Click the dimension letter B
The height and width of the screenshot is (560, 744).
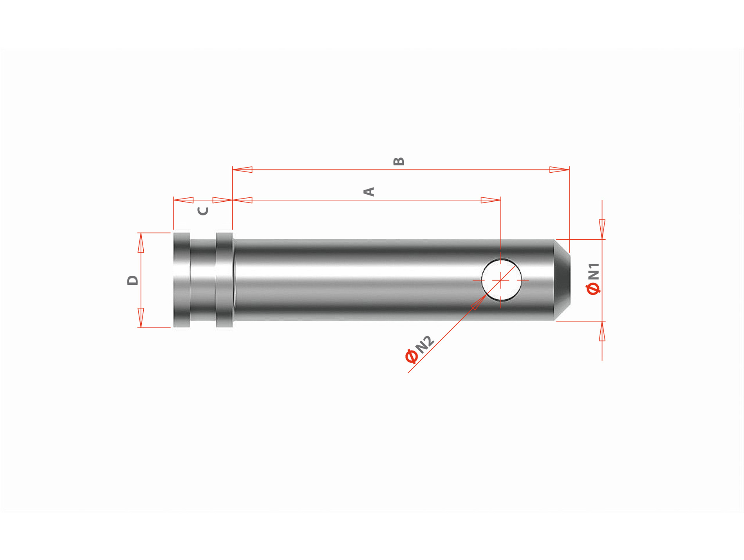coord(398,161)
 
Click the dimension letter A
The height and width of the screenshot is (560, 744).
coord(369,191)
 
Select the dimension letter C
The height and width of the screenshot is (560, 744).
coord(203,211)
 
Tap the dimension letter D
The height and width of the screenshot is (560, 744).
coord(133,280)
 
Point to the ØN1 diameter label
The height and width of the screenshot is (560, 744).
coord(593,278)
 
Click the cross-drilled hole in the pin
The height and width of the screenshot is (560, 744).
coord(501,280)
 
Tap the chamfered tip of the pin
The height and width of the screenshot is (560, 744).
coord(562,280)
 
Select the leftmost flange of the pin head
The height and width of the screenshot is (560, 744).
coord(181,280)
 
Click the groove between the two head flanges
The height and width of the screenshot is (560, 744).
coord(203,280)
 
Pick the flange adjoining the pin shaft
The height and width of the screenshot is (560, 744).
coord(224,280)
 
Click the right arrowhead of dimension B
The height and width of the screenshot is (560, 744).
coord(559,170)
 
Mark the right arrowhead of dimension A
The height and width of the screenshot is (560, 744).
coord(491,200)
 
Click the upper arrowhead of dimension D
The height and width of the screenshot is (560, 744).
coord(141,243)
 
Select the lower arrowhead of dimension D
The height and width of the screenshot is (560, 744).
coord(141,317)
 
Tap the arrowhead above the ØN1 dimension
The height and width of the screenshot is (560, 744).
coord(602,229)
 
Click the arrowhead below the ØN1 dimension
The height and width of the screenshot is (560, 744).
coord(602,331)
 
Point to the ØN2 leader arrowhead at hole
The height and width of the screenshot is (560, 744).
coord(478,302)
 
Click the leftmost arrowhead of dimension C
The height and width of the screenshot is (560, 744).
coord(183,200)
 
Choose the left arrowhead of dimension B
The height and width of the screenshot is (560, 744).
coord(242,170)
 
